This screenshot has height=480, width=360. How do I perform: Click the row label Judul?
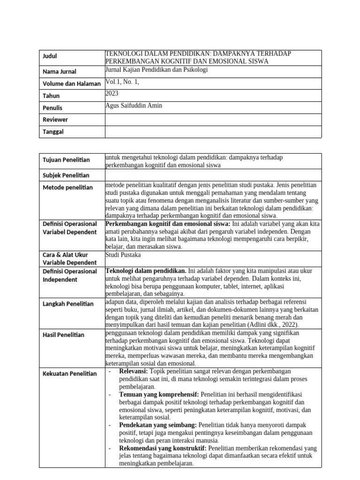click(x=50, y=56)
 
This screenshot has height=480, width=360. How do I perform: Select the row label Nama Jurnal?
click(x=60, y=72)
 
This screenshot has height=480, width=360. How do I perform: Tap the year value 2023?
click(x=112, y=93)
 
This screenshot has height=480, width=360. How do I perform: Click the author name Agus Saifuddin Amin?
click(x=134, y=105)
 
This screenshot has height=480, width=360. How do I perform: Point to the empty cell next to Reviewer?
click(x=213, y=120)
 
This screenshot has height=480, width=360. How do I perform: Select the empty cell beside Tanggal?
click(x=213, y=132)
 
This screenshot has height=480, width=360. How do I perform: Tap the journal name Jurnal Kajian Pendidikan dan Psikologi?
click(x=157, y=69)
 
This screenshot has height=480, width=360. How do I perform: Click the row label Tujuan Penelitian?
click(x=66, y=160)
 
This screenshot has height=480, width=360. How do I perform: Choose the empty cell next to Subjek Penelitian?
click(x=213, y=175)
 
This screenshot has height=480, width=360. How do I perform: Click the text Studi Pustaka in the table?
click(x=123, y=255)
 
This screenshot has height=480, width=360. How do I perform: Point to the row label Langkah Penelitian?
click(x=68, y=304)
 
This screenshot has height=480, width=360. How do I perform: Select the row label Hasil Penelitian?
click(x=64, y=335)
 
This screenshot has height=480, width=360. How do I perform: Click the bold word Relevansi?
click(x=133, y=371)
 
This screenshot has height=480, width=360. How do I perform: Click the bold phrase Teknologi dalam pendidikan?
click(x=146, y=270)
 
